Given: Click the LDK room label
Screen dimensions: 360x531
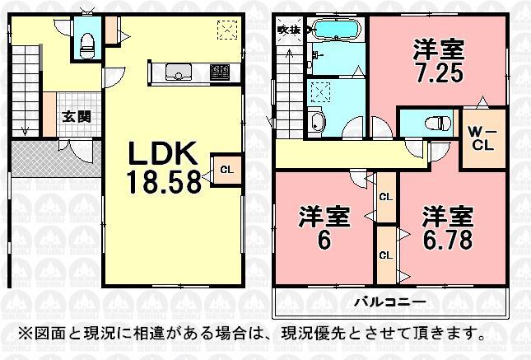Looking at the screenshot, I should [163, 154].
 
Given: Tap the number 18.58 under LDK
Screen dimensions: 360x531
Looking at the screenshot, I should [163, 181].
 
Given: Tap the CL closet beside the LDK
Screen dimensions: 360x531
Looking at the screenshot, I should [225, 171].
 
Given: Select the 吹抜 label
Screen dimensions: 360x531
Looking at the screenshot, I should [286, 29].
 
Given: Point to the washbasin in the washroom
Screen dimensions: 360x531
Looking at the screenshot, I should [318, 124].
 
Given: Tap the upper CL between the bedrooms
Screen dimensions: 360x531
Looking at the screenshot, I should [385, 197].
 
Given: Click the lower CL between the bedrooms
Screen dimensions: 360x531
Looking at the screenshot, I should [385, 255].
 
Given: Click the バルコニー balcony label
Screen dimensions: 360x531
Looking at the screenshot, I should [392, 302].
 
